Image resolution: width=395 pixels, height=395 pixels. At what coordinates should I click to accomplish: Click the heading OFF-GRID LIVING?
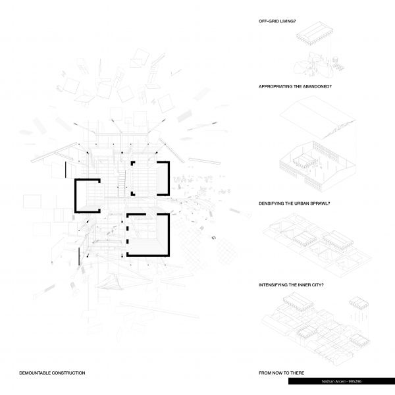(x=277, y=21)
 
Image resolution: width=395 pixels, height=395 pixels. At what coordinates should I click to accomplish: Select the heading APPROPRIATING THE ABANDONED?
(x=295, y=86)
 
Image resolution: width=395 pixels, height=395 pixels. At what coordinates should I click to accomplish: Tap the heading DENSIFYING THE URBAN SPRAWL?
(x=294, y=203)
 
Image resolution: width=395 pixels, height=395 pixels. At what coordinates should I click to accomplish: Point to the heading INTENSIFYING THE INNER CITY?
(x=291, y=285)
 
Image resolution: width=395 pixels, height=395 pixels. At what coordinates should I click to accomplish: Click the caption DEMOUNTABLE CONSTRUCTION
(x=52, y=373)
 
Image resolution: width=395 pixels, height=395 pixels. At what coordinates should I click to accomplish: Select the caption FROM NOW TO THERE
(x=281, y=373)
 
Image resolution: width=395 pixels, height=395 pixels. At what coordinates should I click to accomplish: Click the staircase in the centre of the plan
(x=122, y=184)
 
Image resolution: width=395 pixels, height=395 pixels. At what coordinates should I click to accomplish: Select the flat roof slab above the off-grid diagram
(x=315, y=33)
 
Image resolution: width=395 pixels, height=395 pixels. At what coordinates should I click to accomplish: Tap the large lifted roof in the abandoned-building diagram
(x=318, y=117)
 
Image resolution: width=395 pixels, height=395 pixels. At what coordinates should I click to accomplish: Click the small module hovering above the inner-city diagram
(x=359, y=303)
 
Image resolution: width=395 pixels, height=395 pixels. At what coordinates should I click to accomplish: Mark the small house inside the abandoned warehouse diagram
(x=304, y=161)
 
